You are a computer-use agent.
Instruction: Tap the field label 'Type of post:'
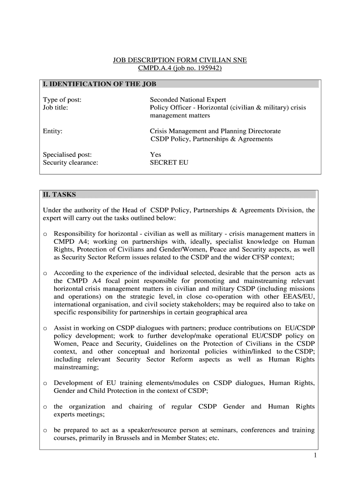coord(62,100)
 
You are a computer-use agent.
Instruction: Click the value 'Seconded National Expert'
coord(187,100)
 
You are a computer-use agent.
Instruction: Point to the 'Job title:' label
coord(55,108)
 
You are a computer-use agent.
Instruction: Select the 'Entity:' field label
coord(53,131)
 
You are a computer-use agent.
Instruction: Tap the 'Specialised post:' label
coord(67,155)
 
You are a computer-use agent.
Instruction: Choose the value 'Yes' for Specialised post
coord(155,155)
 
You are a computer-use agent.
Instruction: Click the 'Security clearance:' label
coord(71,163)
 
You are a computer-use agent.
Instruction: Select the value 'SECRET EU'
coord(169,163)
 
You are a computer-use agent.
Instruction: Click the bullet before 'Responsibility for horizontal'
coord(45,234)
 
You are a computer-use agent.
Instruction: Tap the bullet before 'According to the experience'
coord(45,273)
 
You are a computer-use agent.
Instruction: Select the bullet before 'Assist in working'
coord(45,328)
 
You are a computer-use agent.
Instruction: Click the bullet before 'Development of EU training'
coord(45,384)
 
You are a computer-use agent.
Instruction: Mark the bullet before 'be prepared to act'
coord(45,431)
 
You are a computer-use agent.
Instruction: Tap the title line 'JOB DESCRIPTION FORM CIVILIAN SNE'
coord(180,60)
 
